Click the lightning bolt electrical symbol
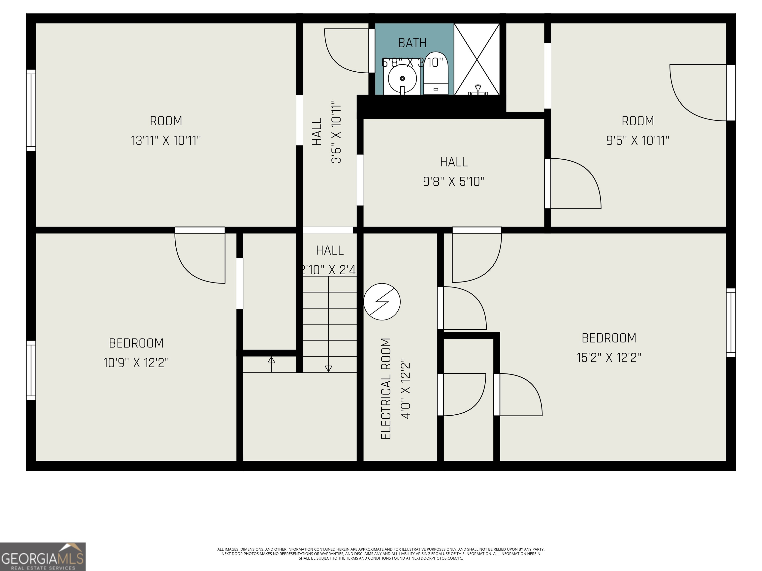click(382, 302)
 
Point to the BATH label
click(412, 43)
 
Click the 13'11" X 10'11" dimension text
click(166, 141)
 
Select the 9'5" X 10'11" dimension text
click(638, 141)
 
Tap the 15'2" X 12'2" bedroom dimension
click(609, 358)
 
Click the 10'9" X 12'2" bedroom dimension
click(136, 363)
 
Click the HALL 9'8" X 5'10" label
click(454, 172)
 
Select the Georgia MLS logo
click(42, 557)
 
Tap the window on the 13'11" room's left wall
click(31, 110)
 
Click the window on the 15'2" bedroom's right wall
click(731, 322)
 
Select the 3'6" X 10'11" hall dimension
click(336, 132)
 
